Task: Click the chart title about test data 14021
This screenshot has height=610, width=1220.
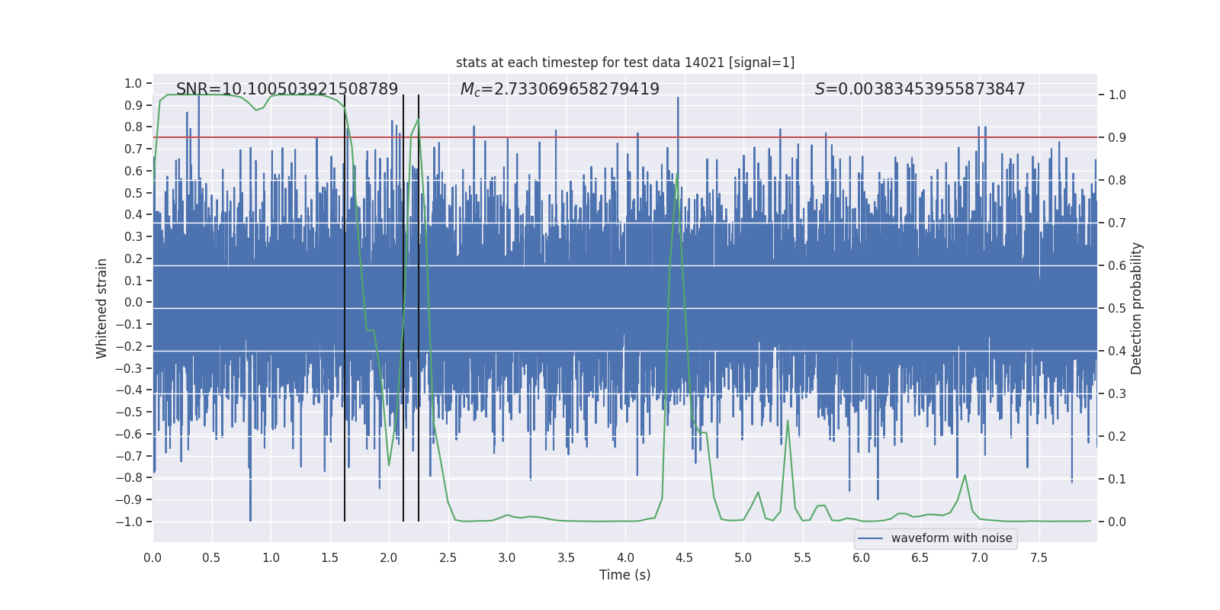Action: [625, 63]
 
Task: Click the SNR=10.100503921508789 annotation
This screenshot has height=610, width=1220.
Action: [287, 89]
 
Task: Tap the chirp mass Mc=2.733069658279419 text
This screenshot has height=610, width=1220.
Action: [560, 89]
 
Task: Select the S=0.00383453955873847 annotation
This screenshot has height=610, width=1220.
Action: [920, 89]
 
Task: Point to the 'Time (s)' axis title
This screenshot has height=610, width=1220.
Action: [624, 575]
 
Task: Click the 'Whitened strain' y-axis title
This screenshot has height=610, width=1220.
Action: [102, 308]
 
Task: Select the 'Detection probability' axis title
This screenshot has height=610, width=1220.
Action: [1137, 308]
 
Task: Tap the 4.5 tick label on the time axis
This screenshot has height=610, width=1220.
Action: [684, 558]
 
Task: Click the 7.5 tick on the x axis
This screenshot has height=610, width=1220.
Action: [1039, 558]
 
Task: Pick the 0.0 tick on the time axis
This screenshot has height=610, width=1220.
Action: [152, 558]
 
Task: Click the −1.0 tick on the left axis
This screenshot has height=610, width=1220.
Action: [129, 522]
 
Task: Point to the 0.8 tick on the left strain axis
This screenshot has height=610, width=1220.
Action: [133, 127]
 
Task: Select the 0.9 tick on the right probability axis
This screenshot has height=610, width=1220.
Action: [1117, 138]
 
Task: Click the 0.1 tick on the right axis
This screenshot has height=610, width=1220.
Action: [1117, 479]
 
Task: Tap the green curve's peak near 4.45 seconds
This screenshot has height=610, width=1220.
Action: [676, 174]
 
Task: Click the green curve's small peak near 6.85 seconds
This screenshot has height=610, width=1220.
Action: [965, 475]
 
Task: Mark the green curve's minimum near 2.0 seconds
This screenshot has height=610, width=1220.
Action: [389, 465]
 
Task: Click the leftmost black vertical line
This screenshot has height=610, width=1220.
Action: [345, 305]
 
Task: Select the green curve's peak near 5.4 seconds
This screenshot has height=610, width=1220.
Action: [788, 421]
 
